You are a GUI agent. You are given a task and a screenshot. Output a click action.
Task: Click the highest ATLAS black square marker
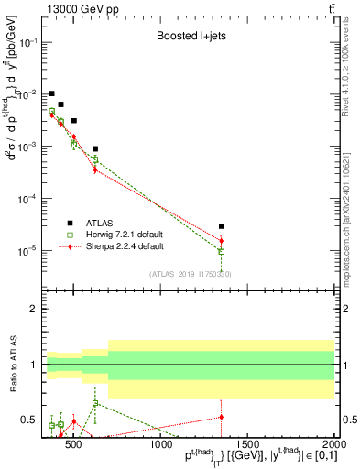pos(52,93)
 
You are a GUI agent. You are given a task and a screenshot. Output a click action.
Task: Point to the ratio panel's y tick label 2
pos(34,309)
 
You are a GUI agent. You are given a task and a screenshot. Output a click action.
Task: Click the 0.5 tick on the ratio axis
pos(29,420)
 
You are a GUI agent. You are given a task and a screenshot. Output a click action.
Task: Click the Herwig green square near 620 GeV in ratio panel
pos(95,403)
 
